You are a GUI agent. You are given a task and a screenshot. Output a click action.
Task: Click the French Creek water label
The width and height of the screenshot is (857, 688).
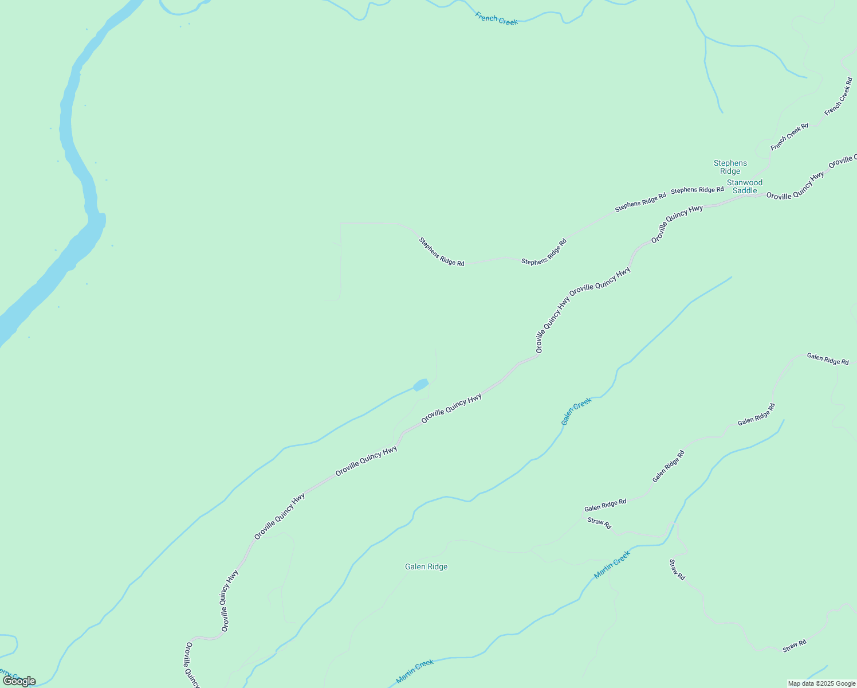pos(496,19)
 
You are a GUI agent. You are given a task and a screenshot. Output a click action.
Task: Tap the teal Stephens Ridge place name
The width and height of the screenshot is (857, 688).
pos(730,167)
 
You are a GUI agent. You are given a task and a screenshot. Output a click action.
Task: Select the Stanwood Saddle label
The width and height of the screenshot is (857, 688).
pos(744,186)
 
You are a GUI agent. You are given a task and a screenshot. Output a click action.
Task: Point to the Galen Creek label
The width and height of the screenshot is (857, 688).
pos(576,411)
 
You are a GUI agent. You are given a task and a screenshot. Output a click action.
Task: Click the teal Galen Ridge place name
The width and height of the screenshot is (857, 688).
pos(426,566)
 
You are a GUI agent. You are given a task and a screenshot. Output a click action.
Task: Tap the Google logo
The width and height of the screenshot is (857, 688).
pos(19,681)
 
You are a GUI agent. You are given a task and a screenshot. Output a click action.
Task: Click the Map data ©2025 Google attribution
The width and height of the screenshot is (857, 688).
pos(821,683)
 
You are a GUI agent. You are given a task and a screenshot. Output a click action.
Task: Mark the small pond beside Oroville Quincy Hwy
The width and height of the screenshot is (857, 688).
pos(420,385)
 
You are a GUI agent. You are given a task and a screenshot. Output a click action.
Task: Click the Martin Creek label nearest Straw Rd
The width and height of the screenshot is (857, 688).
pos(612,565)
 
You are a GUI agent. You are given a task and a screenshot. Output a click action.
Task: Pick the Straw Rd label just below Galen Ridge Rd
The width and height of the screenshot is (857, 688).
pos(599,523)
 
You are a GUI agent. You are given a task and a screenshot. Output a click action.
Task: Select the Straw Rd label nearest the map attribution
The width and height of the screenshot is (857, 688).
pos(795,646)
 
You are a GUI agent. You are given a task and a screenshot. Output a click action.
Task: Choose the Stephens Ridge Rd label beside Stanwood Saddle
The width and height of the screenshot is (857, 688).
pos(697,190)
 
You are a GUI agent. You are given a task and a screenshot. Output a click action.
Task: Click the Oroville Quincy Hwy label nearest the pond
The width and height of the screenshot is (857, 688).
pos(451,408)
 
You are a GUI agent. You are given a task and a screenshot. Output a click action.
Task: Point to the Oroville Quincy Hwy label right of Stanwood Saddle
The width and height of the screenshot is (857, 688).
pos(795,186)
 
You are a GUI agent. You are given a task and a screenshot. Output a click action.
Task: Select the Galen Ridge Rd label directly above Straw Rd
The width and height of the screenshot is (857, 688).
pos(605,505)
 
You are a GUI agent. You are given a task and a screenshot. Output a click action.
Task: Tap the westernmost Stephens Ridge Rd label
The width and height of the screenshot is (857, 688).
pos(441,252)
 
